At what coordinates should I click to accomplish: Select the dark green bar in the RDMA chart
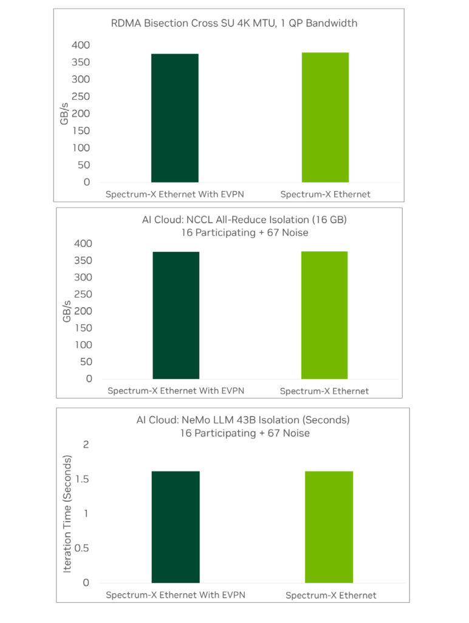[x=175, y=118]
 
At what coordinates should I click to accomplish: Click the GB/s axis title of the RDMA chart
[x=64, y=114]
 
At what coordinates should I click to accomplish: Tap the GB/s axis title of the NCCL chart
[x=67, y=311]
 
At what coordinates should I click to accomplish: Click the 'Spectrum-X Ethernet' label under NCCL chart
[x=324, y=391]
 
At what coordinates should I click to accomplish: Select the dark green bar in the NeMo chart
[x=176, y=527]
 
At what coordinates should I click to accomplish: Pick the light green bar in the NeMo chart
[x=329, y=527]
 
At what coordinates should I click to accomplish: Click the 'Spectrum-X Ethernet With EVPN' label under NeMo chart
[x=176, y=595]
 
